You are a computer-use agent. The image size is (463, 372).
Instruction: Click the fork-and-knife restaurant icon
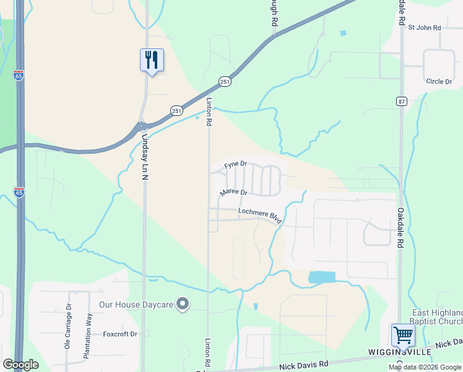click(x=152, y=60)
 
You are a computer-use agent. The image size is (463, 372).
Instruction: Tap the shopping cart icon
click(x=403, y=335)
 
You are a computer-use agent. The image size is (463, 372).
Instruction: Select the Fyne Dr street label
click(x=235, y=165)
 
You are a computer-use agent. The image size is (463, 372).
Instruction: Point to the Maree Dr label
click(x=233, y=193)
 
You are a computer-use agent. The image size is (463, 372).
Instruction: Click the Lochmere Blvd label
click(x=261, y=215)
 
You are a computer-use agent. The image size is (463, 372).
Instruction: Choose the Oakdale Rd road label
click(x=400, y=227)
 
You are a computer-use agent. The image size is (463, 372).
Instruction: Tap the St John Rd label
click(x=423, y=27)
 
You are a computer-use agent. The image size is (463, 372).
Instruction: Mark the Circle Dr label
click(x=439, y=81)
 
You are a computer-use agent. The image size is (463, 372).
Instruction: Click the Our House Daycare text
click(x=136, y=304)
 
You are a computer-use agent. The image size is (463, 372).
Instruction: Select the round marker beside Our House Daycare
click(x=183, y=304)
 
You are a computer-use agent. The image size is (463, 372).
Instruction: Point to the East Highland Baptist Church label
click(x=437, y=317)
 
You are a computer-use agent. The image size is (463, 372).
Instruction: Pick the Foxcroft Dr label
click(x=119, y=334)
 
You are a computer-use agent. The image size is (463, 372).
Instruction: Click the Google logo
click(x=20, y=365)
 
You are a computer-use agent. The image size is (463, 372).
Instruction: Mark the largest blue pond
click(x=321, y=277)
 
